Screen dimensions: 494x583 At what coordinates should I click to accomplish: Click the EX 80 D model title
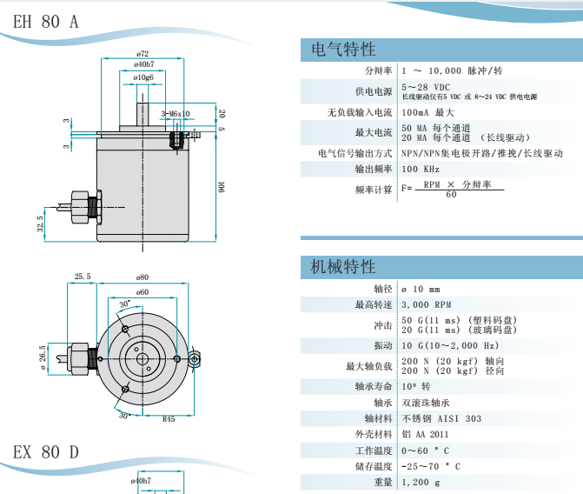click(x=46, y=453)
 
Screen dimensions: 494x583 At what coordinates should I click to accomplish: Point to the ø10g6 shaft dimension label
click(x=143, y=77)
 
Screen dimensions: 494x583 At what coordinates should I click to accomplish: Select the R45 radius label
click(x=169, y=419)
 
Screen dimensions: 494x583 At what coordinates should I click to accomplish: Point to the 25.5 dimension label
click(x=83, y=277)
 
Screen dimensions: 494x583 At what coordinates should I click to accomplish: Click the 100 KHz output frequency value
click(x=421, y=169)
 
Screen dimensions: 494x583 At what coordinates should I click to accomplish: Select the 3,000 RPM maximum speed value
click(x=427, y=304)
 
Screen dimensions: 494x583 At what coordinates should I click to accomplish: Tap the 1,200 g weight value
click(x=421, y=482)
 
